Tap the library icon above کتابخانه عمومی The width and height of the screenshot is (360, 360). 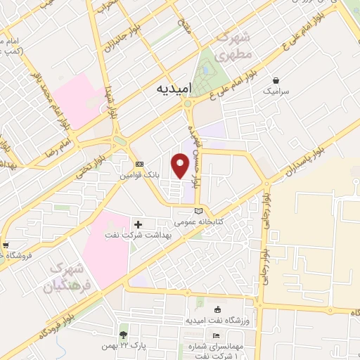198,211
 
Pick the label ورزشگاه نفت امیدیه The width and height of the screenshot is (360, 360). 217,321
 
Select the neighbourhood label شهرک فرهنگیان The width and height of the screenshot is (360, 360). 67,279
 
